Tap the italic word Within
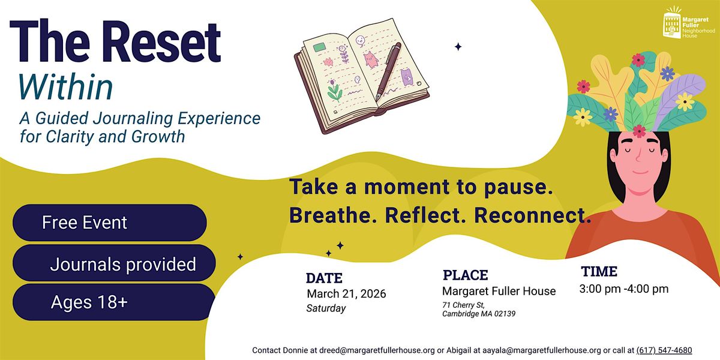tap(66, 88)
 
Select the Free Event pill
tap(110, 223)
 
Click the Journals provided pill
tap(114, 263)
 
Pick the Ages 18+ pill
tap(114, 302)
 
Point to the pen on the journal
tap(389, 71)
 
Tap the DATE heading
tap(324, 278)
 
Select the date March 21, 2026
tap(347, 294)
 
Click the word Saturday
tap(326, 308)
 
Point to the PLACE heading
tap(466, 275)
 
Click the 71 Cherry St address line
tap(463, 305)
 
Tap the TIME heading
tap(599, 272)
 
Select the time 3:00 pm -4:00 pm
tap(624, 289)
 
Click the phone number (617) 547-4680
tap(664, 350)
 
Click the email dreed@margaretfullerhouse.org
tap(377, 350)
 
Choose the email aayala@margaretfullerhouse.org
tap(542, 350)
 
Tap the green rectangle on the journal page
tap(320, 47)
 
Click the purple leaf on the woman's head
tap(678, 97)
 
